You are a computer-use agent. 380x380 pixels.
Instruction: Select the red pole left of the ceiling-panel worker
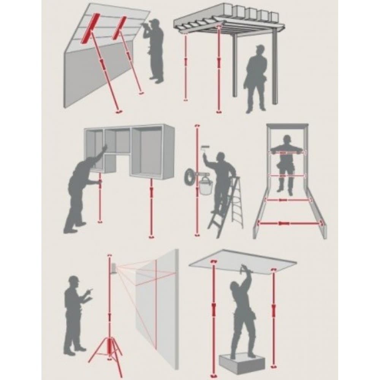click(x=213, y=312)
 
